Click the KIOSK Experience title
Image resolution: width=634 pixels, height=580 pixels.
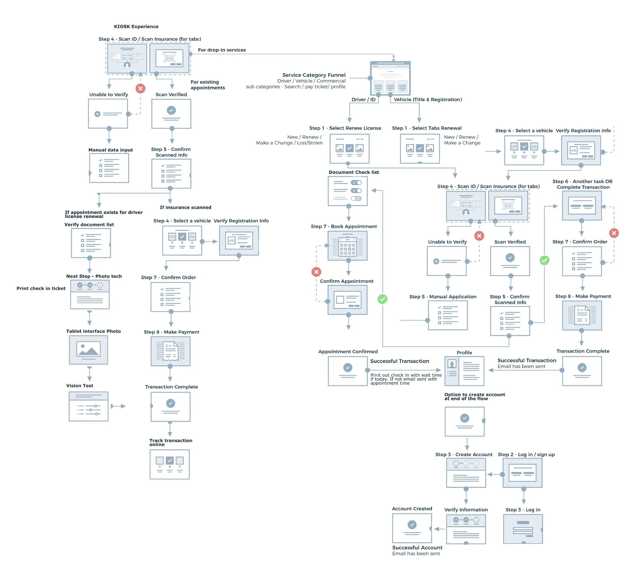click(x=136, y=26)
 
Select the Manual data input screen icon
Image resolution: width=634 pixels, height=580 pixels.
click(x=109, y=168)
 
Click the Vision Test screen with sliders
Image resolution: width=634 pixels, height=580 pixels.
click(x=89, y=406)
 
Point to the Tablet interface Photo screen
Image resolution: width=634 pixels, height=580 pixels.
click(x=89, y=350)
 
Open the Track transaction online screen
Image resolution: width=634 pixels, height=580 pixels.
click(x=170, y=464)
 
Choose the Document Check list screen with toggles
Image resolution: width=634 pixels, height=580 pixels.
click(x=348, y=191)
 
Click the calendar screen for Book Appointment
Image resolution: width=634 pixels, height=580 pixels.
click(x=348, y=246)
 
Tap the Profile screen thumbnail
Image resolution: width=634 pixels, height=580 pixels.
click(x=464, y=371)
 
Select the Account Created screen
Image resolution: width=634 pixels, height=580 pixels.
click(x=412, y=528)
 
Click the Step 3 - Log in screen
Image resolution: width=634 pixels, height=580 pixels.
click(x=523, y=529)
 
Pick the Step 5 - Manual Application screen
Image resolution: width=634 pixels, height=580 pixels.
click(x=448, y=315)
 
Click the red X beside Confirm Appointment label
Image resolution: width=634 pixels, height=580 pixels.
click(x=316, y=272)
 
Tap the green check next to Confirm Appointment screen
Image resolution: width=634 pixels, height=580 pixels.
click(x=382, y=299)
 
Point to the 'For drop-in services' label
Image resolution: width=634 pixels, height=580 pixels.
click(x=222, y=50)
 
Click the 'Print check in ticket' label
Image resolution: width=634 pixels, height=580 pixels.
click(x=41, y=288)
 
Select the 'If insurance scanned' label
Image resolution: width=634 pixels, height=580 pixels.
click(x=185, y=207)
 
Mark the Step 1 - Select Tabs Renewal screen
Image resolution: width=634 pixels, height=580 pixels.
click(x=420, y=148)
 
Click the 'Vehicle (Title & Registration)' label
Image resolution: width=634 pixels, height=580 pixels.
click(x=428, y=99)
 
